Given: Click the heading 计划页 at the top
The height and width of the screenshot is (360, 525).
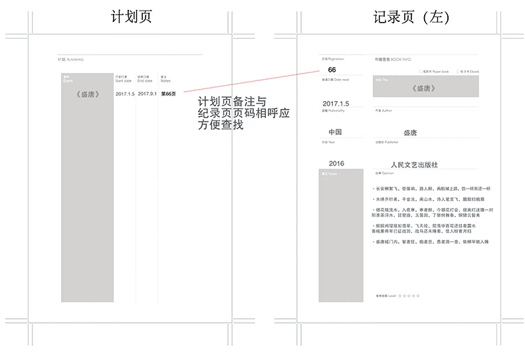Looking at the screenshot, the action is (131, 17).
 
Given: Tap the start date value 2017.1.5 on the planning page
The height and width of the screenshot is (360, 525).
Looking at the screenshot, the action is (125, 94).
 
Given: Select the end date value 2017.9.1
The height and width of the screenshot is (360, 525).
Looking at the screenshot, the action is (148, 94).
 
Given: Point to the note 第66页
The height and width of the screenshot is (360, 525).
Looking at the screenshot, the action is (169, 94).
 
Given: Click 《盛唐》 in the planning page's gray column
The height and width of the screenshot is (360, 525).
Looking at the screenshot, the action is (88, 94).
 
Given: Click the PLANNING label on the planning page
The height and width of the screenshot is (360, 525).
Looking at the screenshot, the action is (75, 60).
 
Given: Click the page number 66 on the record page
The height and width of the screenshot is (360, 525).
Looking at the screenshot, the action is (332, 70).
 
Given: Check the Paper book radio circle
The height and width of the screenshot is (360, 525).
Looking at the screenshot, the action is (421, 71).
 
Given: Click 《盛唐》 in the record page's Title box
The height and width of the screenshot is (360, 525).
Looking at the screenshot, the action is (423, 88).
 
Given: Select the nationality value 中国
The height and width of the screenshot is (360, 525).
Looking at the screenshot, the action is (335, 132).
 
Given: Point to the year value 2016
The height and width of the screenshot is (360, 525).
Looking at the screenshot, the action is (336, 163).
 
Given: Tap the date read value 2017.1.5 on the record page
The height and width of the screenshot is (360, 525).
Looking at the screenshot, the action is (335, 104).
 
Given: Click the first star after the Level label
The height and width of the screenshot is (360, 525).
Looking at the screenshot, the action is (400, 295).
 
